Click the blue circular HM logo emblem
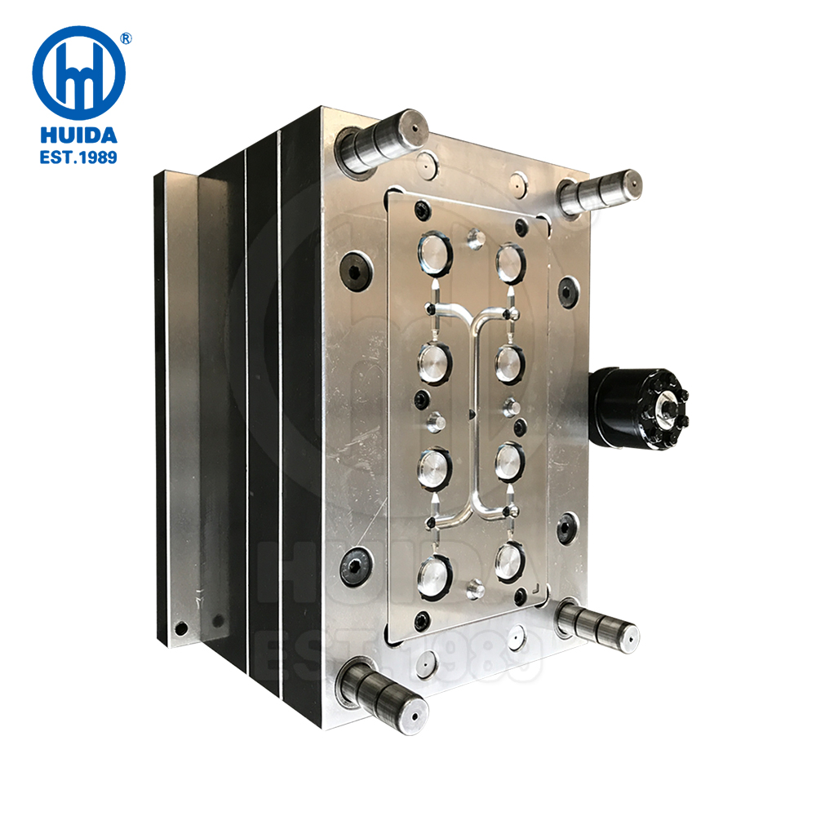[78, 73]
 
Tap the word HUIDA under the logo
[78, 135]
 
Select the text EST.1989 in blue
[78, 157]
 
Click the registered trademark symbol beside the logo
[126, 38]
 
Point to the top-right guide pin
[600, 192]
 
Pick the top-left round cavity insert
[435, 253]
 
